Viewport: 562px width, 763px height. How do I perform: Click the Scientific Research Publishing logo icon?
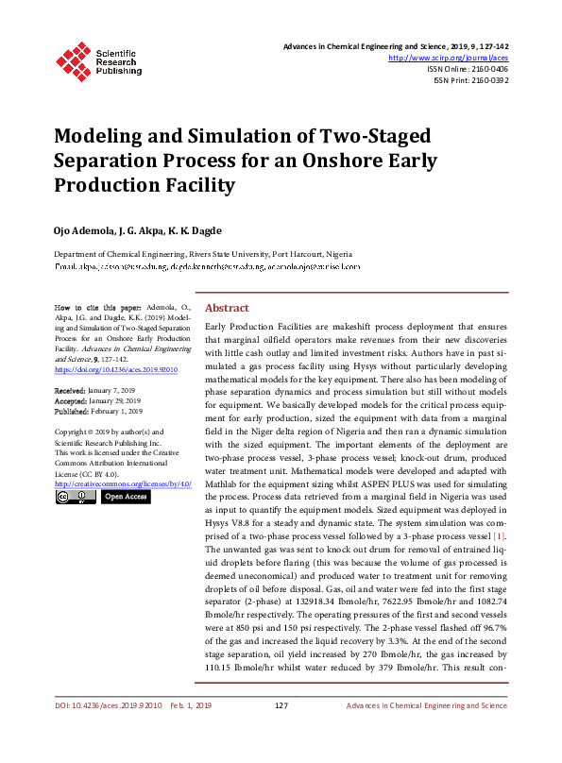[73, 59]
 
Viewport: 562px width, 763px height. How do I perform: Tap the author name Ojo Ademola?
[86, 230]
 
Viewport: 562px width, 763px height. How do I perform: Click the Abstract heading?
[227, 309]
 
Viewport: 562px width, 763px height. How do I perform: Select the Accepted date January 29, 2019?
[116, 400]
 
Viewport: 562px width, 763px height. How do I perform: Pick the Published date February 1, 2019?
[119, 411]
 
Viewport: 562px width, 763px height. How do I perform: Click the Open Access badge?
[126, 497]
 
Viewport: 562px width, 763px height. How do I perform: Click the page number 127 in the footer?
[281, 732]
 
